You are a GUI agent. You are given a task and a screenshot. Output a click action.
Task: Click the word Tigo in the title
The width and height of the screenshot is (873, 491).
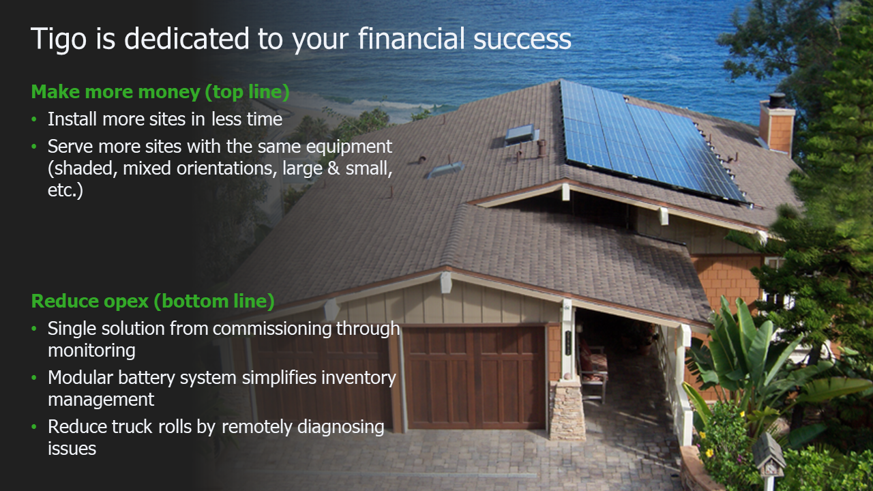[x=59, y=40]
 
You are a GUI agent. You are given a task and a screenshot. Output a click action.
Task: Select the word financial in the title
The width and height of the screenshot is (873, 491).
[x=411, y=38]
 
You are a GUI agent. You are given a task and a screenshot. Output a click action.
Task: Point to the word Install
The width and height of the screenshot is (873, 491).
[x=72, y=119]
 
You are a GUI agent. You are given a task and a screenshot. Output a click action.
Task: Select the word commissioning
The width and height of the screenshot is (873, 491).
[x=272, y=329]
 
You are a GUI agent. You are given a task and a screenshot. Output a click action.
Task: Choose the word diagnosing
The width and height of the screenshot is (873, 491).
[x=340, y=428]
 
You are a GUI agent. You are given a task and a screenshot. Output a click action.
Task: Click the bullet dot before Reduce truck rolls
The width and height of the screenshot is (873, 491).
[x=34, y=427]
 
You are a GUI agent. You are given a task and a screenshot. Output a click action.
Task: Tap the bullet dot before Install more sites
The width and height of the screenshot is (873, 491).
[x=34, y=119]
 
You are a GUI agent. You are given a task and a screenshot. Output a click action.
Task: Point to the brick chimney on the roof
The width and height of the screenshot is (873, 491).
[x=777, y=124]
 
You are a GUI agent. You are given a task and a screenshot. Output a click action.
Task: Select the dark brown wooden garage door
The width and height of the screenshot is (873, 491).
[x=474, y=377]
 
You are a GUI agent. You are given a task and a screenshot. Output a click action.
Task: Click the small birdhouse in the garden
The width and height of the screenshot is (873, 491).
[x=769, y=460]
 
